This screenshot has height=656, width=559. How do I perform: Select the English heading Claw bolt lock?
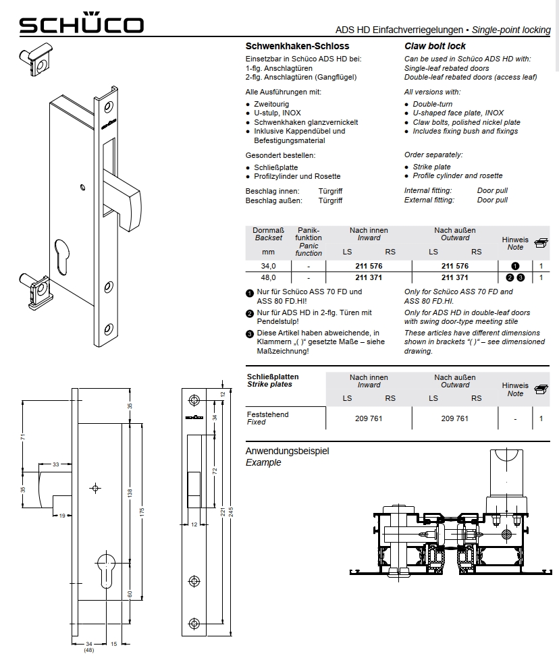coord(435,47)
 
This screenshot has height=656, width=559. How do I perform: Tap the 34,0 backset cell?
coord(269,266)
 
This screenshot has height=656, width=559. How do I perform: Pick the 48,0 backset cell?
coord(269,277)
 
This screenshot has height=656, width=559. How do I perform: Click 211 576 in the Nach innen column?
coord(369,266)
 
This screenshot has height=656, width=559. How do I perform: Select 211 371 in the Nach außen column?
coord(454,277)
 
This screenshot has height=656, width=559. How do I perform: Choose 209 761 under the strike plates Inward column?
coord(369,418)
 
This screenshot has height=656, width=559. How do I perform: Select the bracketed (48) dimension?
coord(88,650)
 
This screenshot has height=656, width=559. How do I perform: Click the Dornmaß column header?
coord(268,230)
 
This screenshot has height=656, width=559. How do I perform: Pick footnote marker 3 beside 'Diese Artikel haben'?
coord(249,333)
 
